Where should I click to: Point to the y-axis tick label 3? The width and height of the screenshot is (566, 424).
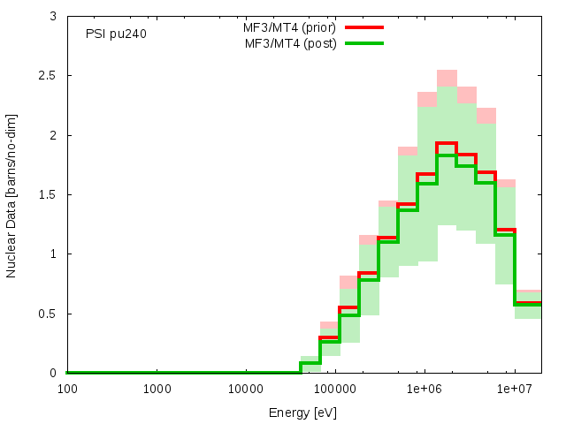pos(54,17)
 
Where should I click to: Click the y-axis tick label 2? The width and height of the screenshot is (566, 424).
pos(54,135)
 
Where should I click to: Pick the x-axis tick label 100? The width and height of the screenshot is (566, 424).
pos(67,389)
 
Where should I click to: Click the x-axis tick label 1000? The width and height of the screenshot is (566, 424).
pos(157,389)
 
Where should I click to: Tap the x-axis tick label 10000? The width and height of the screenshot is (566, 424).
pos(245,389)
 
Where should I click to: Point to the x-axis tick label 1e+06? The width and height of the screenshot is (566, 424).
pos(424,389)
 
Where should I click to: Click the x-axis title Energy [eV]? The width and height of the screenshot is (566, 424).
pos(302,412)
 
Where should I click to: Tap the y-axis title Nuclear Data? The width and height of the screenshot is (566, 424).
pos(12,194)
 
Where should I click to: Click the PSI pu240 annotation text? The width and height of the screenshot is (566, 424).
pos(116,34)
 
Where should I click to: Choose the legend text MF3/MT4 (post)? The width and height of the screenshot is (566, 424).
pos(290,43)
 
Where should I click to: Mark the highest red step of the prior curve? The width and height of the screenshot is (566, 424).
pos(446,143)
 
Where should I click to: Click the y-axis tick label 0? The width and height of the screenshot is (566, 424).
pos(54,373)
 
